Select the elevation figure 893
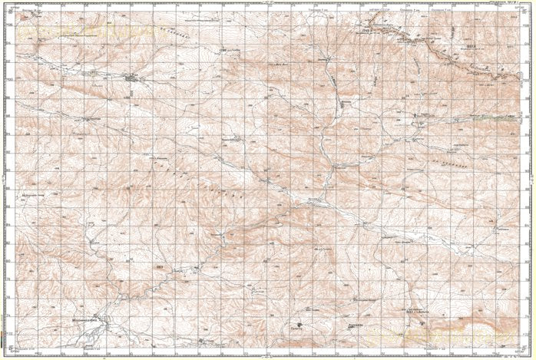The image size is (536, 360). tap(159, 266)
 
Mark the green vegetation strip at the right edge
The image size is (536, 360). tap(507, 118)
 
